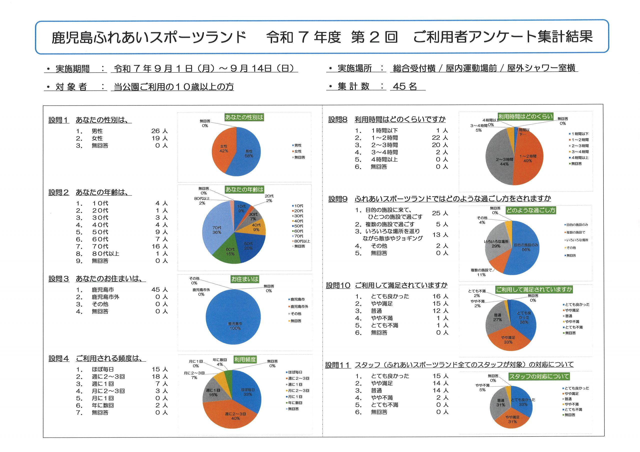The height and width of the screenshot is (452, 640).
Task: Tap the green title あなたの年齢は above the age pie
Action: (x=244, y=190)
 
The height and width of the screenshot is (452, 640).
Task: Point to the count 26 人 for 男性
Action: (x=159, y=131)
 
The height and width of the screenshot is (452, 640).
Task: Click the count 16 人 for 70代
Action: (x=159, y=246)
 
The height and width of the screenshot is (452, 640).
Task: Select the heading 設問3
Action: (x=58, y=279)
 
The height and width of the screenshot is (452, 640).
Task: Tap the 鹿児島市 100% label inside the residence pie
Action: (x=235, y=326)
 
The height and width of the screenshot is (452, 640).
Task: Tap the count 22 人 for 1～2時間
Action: (x=439, y=138)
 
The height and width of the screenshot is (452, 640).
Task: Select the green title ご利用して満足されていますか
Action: (x=534, y=290)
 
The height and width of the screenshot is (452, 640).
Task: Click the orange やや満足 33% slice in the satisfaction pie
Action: (x=508, y=340)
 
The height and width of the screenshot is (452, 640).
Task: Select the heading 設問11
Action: (x=337, y=365)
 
